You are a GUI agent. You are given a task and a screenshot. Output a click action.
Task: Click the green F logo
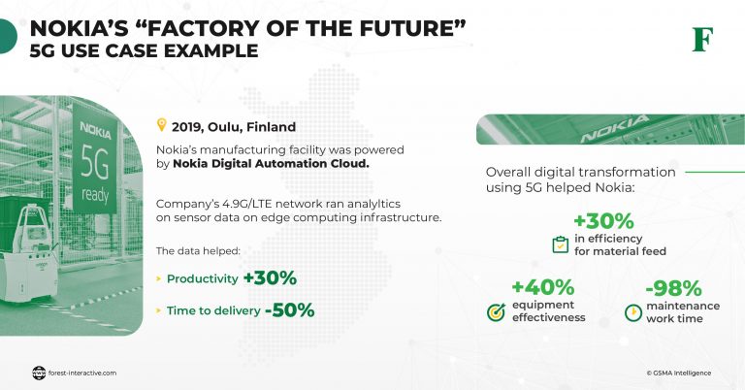point(701,40)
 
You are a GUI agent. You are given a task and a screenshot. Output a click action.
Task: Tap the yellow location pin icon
point(162,125)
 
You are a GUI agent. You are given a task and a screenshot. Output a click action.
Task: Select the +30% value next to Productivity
point(270,278)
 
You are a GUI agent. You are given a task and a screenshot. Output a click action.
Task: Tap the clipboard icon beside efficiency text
point(560,244)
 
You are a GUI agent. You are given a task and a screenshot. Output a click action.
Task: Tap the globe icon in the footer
point(39,372)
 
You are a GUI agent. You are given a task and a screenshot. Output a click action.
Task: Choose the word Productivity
point(202,279)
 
